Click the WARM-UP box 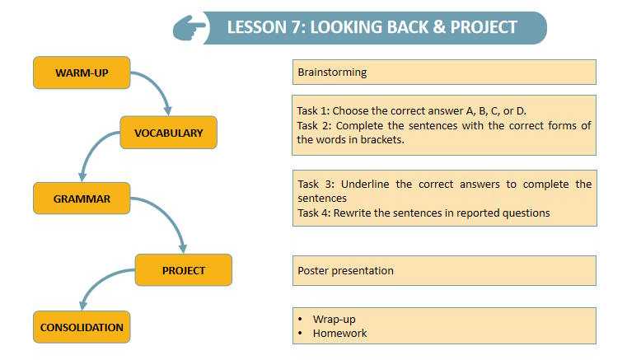82,72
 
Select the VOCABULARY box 168,133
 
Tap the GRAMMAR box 82,199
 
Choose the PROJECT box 184,270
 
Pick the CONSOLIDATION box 82,327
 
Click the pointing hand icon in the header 189,28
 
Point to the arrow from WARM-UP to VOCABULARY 159,85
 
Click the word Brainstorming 332,72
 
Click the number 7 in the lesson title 296,27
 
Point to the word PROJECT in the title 484,27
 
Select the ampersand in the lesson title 439,27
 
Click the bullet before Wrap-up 301,319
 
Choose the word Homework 339,333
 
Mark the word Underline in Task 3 365,185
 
